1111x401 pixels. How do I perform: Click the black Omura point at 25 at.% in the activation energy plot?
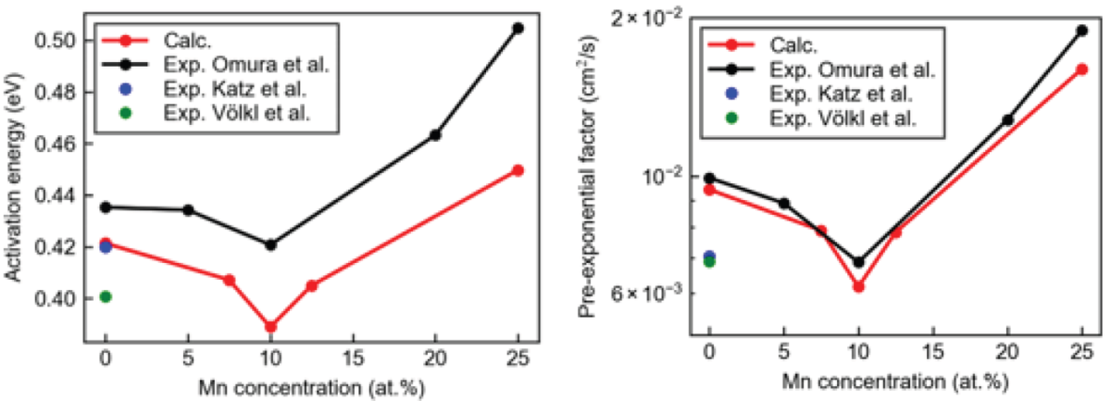point(518,29)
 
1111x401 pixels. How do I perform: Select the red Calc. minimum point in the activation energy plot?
point(270,327)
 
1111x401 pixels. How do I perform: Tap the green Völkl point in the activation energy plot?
point(106,296)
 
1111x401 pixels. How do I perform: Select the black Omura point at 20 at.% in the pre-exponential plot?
point(1007,120)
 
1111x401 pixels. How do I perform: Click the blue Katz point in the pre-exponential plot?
point(710,256)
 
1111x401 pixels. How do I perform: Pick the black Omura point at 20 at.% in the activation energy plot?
point(435,135)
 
